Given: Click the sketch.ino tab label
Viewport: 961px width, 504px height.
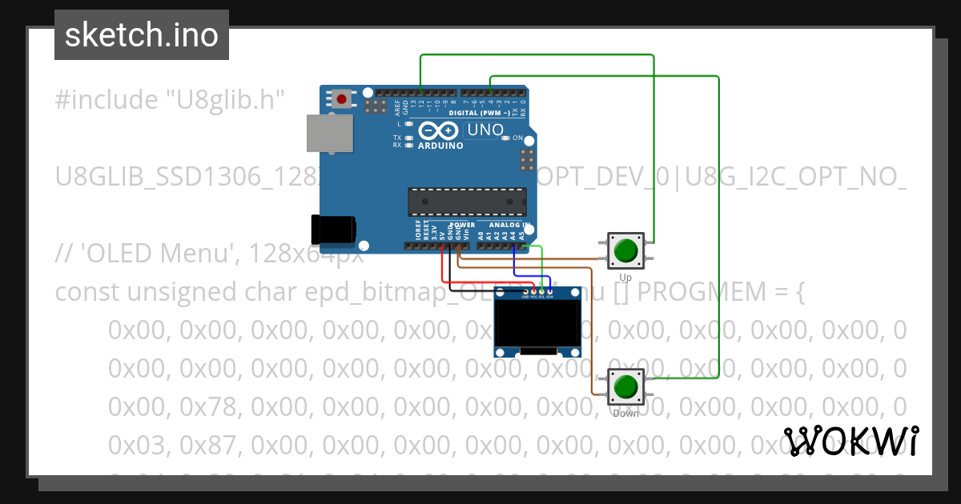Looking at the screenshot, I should coord(141,35).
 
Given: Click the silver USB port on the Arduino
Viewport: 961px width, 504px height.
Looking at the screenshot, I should coord(328,133).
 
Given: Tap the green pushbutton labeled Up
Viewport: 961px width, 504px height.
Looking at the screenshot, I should coord(625,251).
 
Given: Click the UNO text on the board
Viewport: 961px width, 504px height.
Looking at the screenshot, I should coord(485,130).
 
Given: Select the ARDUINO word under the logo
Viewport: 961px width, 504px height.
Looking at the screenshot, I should coord(440,146).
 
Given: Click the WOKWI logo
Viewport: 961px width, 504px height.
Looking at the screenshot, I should coord(851,441).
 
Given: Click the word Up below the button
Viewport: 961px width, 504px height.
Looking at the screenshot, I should coord(625,278).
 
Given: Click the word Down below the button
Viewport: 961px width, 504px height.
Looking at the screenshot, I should coord(625,414).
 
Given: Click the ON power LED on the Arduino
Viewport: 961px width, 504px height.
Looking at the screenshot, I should coord(505,138).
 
